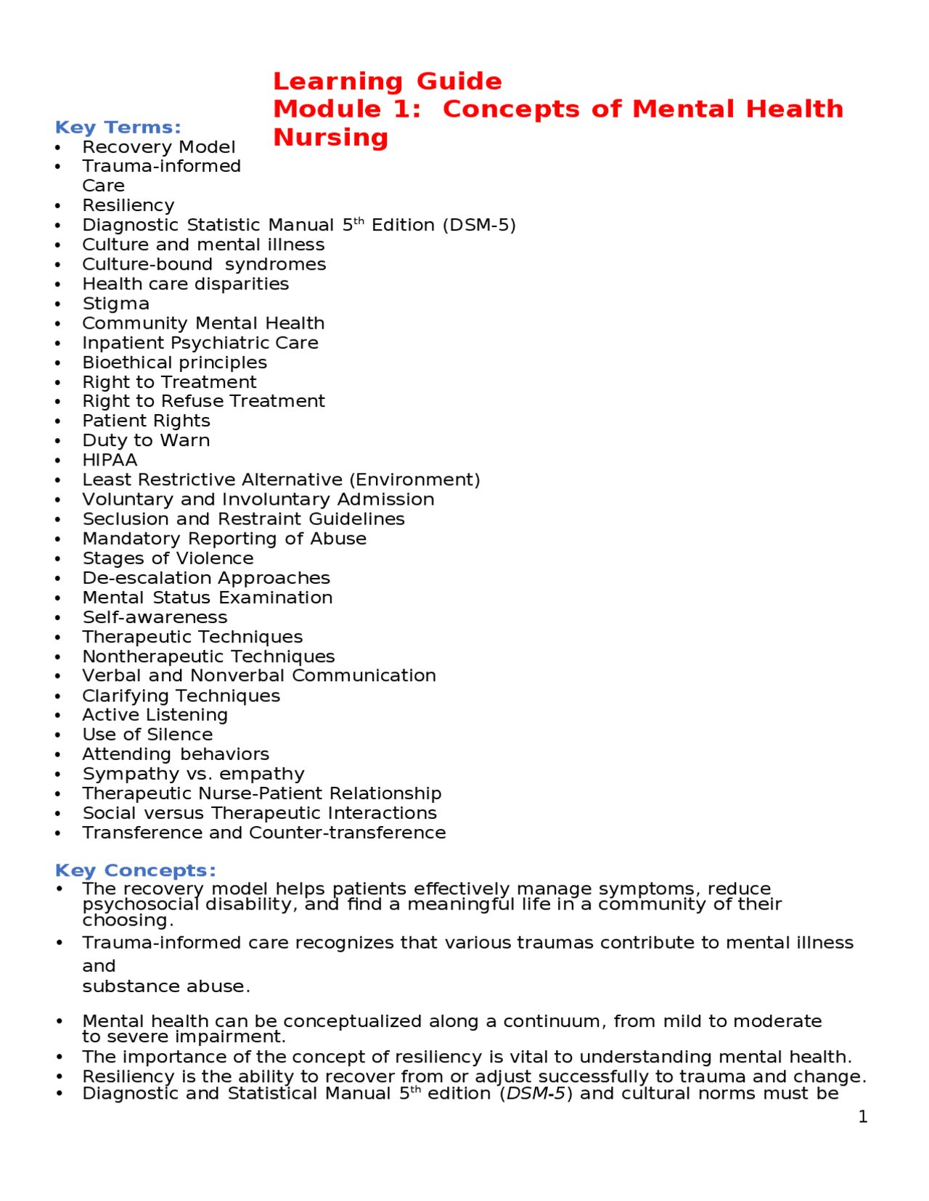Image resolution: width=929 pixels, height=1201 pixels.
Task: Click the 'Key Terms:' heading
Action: point(118,128)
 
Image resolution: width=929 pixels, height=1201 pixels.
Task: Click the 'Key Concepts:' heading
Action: point(135,870)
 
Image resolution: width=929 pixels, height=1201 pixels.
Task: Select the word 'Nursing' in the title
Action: point(330,137)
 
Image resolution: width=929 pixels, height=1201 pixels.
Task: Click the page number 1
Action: point(862,1117)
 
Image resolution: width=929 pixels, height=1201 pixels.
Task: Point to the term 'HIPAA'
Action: point(110,461)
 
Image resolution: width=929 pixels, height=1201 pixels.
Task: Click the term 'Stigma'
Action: point(115,304)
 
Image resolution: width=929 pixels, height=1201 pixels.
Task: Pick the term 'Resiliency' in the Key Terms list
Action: point(128,206)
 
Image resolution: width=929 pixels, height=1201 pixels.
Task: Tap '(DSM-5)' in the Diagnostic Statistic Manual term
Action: point(479,226)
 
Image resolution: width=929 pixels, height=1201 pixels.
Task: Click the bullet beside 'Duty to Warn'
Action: point(58,441)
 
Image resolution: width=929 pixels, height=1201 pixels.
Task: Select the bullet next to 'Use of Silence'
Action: point(58,735)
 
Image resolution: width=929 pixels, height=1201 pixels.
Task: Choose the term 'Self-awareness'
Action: point(155,617)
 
